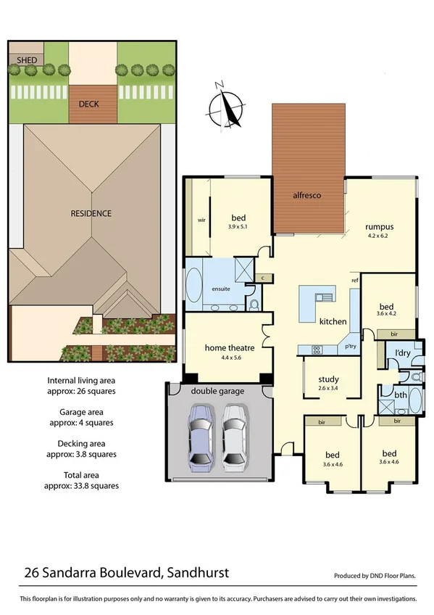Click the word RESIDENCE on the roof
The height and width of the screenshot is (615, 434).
(x=91, y=213)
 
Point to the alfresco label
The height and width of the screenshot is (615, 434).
(x=306, y=196)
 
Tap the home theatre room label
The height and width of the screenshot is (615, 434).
(x=228, y=347)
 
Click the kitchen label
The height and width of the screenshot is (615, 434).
(x=333, y=321)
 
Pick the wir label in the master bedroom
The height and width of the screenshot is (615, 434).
(x=202, y=220)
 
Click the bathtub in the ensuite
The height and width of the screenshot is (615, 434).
(x=194, y=286)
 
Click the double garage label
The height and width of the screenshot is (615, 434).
(x=217, y=391)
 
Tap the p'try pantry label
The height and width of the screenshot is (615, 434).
(x=351, y=347)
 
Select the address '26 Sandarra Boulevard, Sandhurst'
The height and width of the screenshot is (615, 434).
(x=127, y=572)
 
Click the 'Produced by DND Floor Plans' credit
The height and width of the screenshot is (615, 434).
(x=375, y=576)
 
